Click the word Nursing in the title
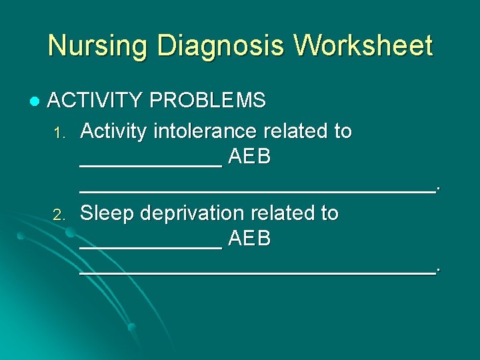88,46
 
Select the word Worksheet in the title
365,46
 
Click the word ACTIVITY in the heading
95,101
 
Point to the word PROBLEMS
208,101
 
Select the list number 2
59,215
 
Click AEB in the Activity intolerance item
249,158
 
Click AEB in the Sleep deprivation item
249,239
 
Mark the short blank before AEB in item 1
151,165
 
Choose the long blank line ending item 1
257,192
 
